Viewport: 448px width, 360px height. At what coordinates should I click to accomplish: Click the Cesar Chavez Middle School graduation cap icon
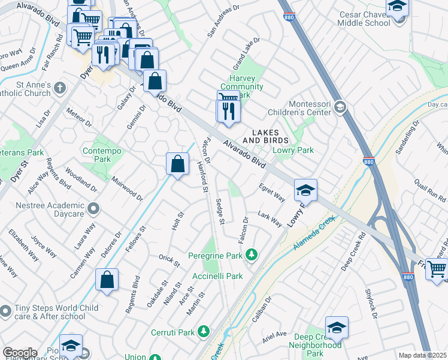tap(397, 7)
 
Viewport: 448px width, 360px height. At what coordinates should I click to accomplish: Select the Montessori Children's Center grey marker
tap(340, 106)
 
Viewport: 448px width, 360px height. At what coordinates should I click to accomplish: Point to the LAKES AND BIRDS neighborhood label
tap(266, 136)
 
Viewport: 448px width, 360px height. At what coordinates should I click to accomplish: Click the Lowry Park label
tap(293, 150)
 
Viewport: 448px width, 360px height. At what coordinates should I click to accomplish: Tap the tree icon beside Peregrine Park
tap(252, 256)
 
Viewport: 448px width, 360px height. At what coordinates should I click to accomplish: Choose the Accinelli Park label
tap(218, 276)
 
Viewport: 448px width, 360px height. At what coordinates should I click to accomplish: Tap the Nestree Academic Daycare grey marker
tap(93, 209)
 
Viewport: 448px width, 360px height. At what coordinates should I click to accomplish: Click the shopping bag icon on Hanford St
tap(178, 164)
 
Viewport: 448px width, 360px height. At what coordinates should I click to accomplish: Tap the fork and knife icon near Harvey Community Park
tap(228, 112)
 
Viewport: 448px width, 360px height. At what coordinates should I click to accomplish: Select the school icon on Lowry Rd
tap(305, 191)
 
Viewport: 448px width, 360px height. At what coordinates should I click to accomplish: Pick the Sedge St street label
tap(220, 212)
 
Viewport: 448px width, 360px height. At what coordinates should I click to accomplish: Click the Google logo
tap(20, 353)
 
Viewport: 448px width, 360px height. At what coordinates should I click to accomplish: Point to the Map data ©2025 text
tap(422, 355)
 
